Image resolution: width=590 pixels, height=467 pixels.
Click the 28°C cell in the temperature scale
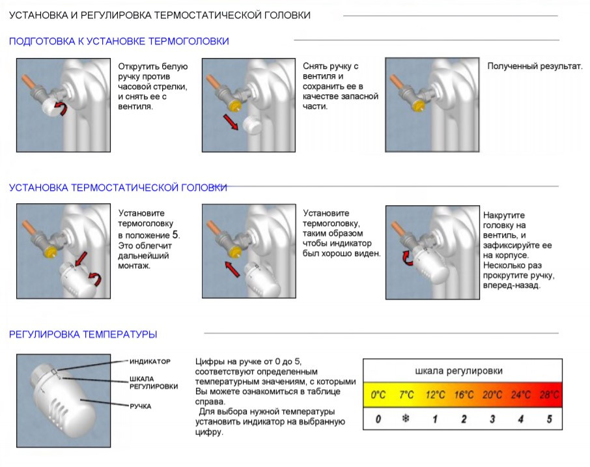pos(549,395)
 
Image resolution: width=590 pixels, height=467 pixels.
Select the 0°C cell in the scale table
pos(378,395)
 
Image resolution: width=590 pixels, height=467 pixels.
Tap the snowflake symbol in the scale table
pos(406,419)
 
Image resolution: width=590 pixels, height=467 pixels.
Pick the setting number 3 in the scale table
pos(492,419)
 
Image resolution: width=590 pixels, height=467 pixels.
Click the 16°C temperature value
pos(464,395)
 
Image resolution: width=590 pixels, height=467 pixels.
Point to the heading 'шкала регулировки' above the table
pos(458,371)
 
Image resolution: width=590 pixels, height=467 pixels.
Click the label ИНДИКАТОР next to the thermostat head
pos(150,361)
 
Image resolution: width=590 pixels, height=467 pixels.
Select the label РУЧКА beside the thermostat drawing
pos(140,406)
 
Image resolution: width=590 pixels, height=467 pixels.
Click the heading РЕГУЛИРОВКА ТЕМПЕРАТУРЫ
pos(83,335)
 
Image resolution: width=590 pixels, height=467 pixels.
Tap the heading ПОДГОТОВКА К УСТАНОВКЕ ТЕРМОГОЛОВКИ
pos(119,42)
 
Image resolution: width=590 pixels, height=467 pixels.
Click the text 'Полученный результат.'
pos(535,66)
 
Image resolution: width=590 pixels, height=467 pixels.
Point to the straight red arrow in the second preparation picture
pos(231,121)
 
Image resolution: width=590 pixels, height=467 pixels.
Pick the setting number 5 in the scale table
pos(549,419)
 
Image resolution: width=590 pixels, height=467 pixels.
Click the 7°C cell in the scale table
pos(406,395)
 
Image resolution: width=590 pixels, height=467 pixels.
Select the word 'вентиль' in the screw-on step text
pos(500,234)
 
